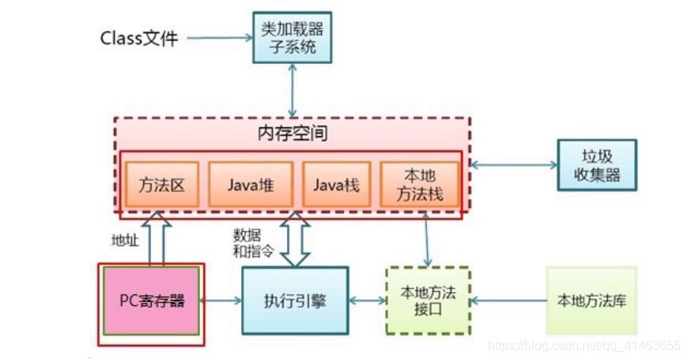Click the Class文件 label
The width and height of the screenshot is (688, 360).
139,38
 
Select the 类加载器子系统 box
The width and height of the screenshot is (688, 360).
293,37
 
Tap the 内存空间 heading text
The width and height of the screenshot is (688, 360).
293,133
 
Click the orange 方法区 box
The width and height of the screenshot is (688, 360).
162,184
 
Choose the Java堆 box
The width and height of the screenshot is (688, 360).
251,184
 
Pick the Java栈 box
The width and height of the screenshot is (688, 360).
337,184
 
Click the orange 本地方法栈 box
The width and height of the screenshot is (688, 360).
419,184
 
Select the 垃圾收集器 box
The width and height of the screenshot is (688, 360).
597,165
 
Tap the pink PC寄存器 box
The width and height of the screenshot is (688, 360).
151,301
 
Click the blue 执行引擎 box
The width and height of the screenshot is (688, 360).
295,301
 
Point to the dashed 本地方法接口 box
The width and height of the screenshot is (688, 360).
429,301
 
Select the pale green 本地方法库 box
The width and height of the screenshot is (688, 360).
592,301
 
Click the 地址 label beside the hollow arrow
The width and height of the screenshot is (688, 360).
125,241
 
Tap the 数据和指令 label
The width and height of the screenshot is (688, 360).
253,243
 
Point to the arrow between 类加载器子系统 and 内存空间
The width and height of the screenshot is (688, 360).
293,90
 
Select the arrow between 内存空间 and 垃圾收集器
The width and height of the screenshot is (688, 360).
514,165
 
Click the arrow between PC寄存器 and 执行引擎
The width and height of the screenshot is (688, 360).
221,301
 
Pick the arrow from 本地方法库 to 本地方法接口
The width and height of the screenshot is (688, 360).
508,301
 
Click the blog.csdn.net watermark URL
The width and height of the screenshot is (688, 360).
584,346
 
